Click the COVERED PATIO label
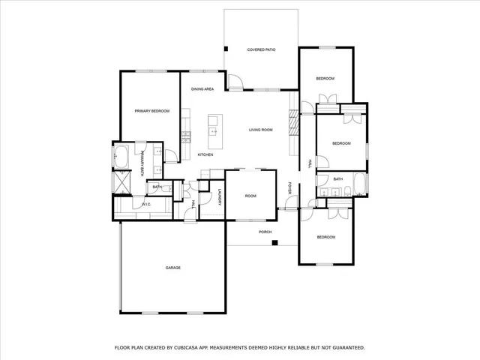262,49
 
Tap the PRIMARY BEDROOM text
152,111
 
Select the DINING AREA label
202,89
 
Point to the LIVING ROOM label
260,130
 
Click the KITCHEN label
205,154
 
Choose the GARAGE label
173,268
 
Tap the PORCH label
265,232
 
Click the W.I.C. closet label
147,204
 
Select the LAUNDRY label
219,198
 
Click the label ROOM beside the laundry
250,196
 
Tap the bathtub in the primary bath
121,157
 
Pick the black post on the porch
275,242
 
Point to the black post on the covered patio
226,49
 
